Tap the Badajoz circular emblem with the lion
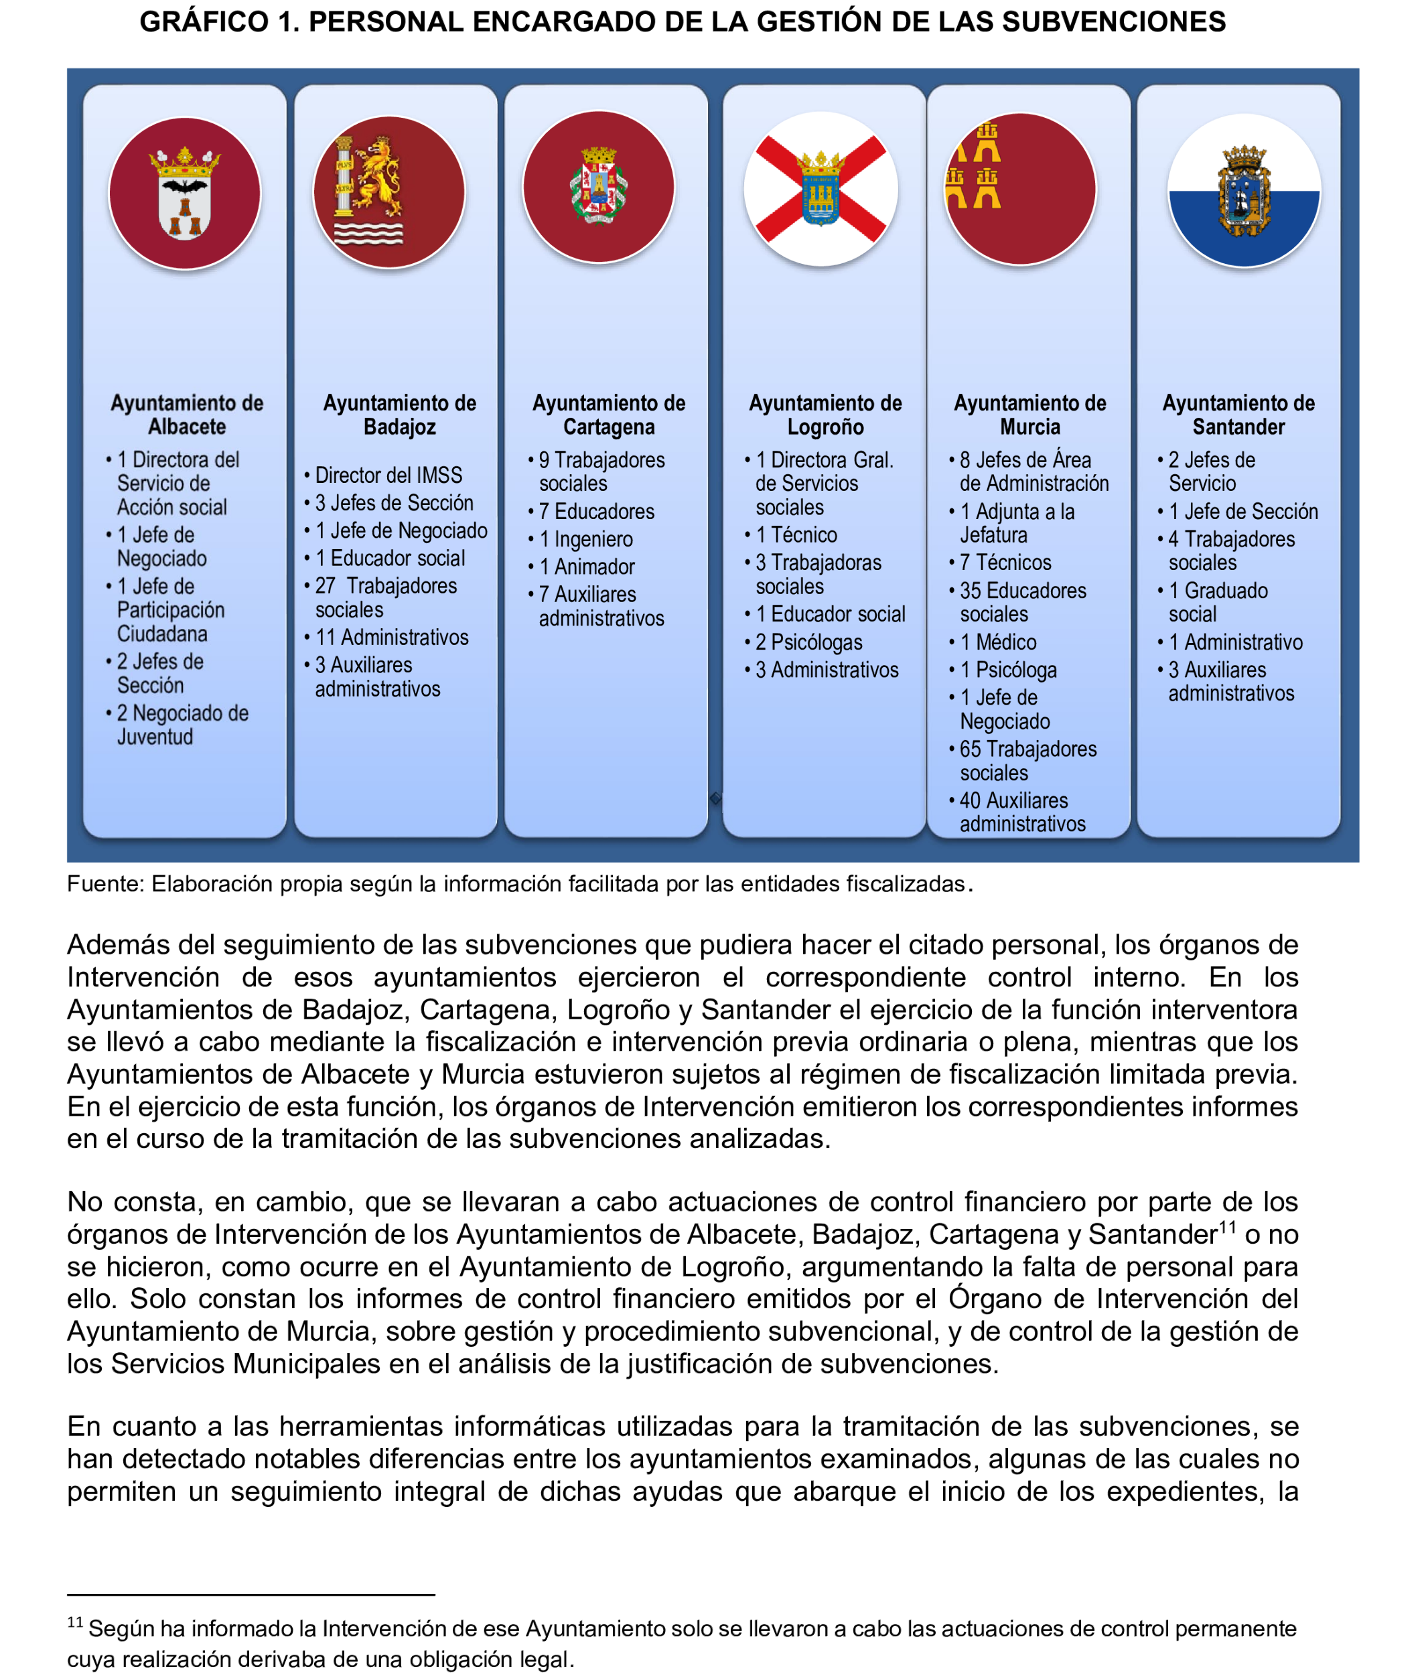click(x=389, y=192)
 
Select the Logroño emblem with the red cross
click(x=820, y=189)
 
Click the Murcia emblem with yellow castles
click(x=1020, y=189)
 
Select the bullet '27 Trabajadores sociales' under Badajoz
click(x=386, y=597)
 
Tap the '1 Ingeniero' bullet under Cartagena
click(x=586, y=539)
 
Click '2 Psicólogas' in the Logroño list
click(x=809, y=642)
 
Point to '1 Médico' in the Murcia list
click(x=998, y=642)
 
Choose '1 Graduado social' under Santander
click(x=1218, y=602)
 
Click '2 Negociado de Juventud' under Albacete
click(x=182, y=724)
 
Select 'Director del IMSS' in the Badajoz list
click(x=388, y=475)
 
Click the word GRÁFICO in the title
click(x=204, y=22)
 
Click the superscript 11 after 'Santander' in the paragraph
click(x=1227, y=1228)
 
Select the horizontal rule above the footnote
click(x=251, y=1595)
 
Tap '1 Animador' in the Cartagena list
click(x=587, y=567)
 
